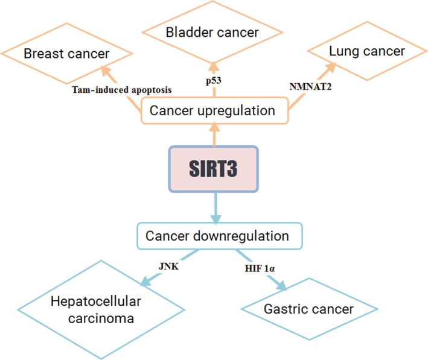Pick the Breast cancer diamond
tap(66, 54)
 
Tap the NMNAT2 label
tap(311, 87)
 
